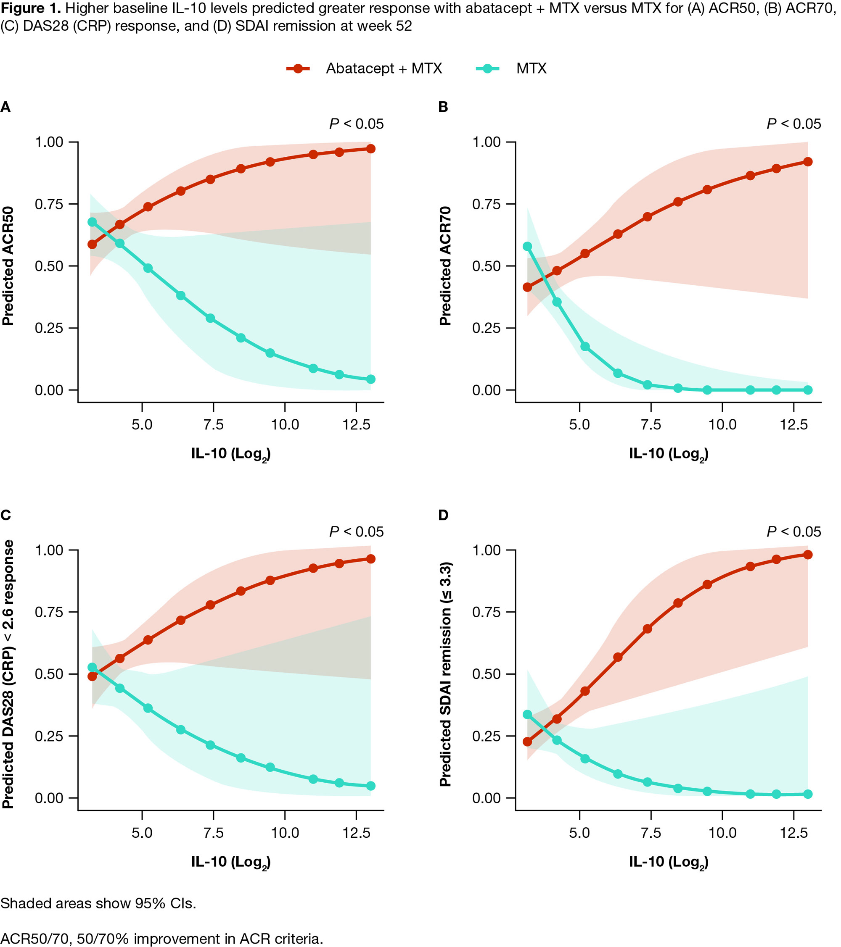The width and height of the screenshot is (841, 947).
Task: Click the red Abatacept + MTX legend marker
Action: [298, 68]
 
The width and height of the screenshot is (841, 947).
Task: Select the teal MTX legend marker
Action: [487, 68]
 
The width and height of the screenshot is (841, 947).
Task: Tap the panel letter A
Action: [5, 107]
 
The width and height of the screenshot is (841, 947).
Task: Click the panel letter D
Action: [443, 515]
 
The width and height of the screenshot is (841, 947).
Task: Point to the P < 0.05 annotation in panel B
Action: [794, 124]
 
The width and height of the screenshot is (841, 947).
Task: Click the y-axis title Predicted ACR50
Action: [8, 266]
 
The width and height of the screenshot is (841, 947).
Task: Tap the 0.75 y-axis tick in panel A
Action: [49, 204]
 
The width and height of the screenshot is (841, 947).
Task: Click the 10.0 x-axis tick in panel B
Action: [722, 424]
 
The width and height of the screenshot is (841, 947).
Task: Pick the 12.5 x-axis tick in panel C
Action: [357, 833]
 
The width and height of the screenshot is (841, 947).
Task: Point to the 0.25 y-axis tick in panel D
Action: [487, 736]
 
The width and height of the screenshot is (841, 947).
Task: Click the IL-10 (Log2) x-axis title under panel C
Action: [231, 862]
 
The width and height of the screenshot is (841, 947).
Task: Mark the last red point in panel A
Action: [370, 149]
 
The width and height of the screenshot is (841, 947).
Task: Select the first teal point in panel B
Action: [527, 247]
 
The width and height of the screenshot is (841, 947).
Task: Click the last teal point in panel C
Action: [370, 786]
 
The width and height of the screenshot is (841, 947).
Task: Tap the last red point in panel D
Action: [808, 555]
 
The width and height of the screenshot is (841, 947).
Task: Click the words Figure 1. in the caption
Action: [31, 8]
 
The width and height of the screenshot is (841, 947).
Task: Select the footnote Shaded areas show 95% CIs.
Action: [98, 903]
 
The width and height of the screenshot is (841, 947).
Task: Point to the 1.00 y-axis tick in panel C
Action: [49, 550]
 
